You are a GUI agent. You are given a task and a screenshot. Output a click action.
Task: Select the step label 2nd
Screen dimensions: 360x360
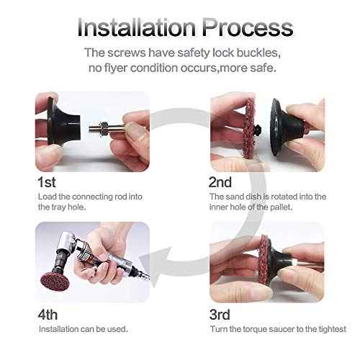click(221, 181)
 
